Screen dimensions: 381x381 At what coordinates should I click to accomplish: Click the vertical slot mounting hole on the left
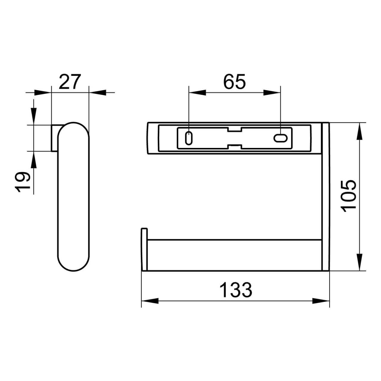(189, 138)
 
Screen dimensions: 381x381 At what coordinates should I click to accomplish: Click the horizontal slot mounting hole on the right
(280, 138)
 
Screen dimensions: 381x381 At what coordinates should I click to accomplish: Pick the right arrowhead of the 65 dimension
(271, 93)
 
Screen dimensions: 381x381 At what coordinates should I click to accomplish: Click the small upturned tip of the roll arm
(144, 234)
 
